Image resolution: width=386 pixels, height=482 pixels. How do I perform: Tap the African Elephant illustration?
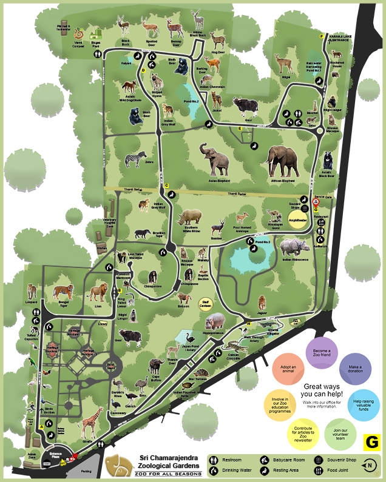point(283,162)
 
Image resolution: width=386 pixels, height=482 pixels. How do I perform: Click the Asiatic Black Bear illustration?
point(328,161)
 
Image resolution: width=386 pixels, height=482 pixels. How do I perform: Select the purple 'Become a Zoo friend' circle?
point(322,353)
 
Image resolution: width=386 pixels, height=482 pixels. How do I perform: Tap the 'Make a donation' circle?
point(355,370)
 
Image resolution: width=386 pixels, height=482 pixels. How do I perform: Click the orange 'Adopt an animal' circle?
point(288,370)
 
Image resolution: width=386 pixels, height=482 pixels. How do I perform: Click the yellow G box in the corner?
point(371,442)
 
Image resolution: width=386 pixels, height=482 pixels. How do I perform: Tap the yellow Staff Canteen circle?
point(206,301)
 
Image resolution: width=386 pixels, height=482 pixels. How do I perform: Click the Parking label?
point(86,470)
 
